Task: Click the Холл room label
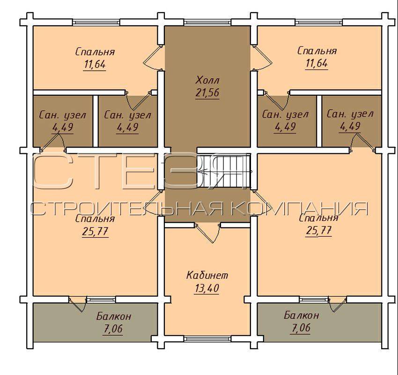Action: (207, 81)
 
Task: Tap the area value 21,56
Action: (207, 93)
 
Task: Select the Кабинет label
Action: (207, 275)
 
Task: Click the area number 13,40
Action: (207, 288)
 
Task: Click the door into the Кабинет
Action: (207, 233)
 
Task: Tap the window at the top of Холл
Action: (207, 22)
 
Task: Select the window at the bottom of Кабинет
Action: (207, 338)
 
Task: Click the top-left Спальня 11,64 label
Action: (95, 58)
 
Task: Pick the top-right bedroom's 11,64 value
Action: (317, 63)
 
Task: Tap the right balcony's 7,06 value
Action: (300, 328)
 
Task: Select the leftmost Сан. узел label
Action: (63, 115)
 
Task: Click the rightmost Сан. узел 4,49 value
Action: (350, 126)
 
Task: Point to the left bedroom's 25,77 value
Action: (95, 232)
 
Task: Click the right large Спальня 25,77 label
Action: (319, 225)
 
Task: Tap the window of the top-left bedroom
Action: (96, 22)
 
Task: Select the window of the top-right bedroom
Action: (318, 22)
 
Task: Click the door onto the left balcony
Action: (77, 304)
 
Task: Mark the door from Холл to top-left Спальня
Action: (153, 57)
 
